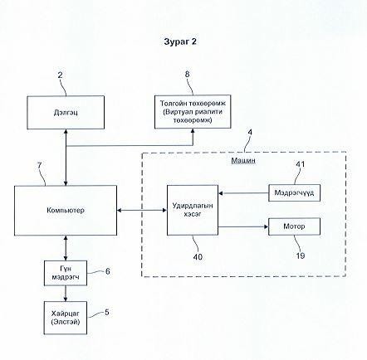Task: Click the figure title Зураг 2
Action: [x=180, y=41]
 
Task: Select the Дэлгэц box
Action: [x=66, y=113]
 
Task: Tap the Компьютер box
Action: [x=66, y=211]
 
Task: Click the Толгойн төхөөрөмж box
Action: [x=193, y=112]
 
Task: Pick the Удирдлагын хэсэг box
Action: [x=193, y=210]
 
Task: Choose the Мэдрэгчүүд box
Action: [x=295, y=192]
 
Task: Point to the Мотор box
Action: [x=295, y=226]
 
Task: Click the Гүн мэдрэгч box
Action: [x=66, y=273]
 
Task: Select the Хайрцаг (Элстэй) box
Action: [x=66, y=318]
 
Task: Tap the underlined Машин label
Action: [x=243, y=160]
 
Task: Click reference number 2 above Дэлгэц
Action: [x=60, y=75]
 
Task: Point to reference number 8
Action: [x=188, y=74]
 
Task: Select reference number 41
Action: [x=301, y=164]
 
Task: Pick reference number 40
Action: [x=198, y=257]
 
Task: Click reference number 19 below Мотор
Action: [x=301, y=255]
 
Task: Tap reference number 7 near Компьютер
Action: [x=39, y=166]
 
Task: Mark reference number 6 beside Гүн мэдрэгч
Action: [x=108, y=271]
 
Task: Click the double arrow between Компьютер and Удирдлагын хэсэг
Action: [x=142, y=211]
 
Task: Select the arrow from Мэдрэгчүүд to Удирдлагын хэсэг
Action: [x=243, y=193]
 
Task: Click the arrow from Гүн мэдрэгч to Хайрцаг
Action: [x=66, y=294]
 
